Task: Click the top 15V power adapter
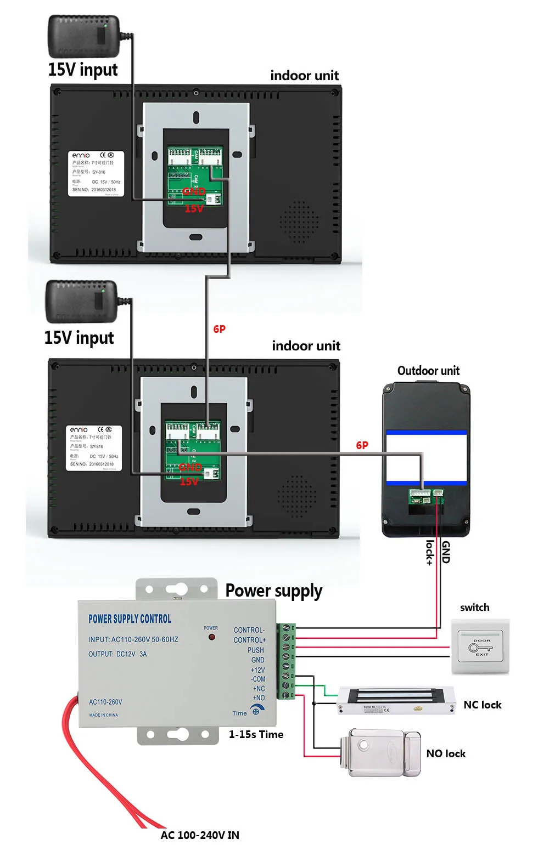tap(83, 36)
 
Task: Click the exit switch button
tap(480, 647)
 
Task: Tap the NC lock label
tap(482, 705)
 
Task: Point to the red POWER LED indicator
tap(211, 637)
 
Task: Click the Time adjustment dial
tap(255, 711)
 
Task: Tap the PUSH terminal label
tap(255, 650)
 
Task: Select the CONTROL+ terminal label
tap(249, 640)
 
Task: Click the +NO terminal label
tap(259, 698)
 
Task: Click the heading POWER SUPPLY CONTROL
tap(130, 619)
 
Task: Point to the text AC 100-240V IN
tap(200, 835)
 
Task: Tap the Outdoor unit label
tap(428, 371)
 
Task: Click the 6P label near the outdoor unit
tap(362, 445)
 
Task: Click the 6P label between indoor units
tap(219, 329)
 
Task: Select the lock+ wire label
tap(430, 552)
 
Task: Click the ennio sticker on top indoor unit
tap(96, 173)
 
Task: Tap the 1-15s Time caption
tap(256, 734)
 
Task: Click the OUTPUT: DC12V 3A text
tap(117, 654)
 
